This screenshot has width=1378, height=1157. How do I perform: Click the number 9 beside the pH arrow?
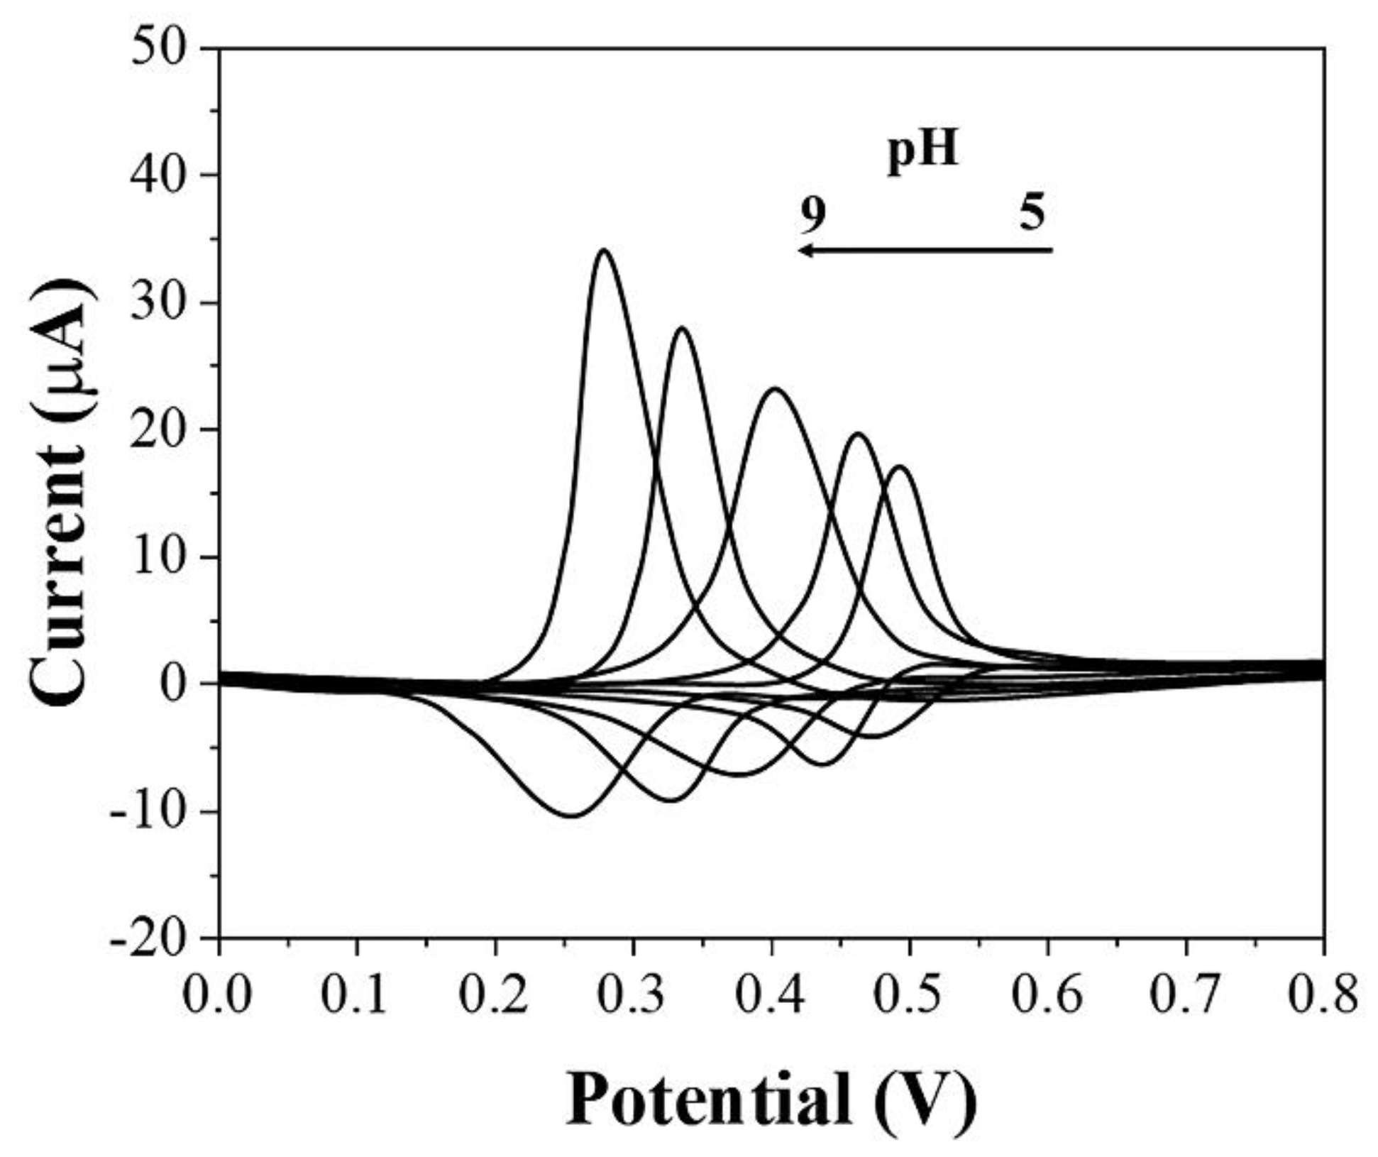point(812,214)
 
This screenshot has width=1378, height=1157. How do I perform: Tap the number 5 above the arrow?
point(1032,212)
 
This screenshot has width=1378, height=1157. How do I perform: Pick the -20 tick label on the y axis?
point(150,939)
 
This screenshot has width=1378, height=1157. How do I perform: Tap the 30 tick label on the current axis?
point(160,303)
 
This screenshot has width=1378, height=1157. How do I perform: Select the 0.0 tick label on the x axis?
point(217,996)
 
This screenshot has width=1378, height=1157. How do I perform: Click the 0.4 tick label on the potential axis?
point(771,996)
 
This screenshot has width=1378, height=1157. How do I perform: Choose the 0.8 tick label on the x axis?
point(1322,996)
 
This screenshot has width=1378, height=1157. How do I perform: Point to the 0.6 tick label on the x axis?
point(1047,996)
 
